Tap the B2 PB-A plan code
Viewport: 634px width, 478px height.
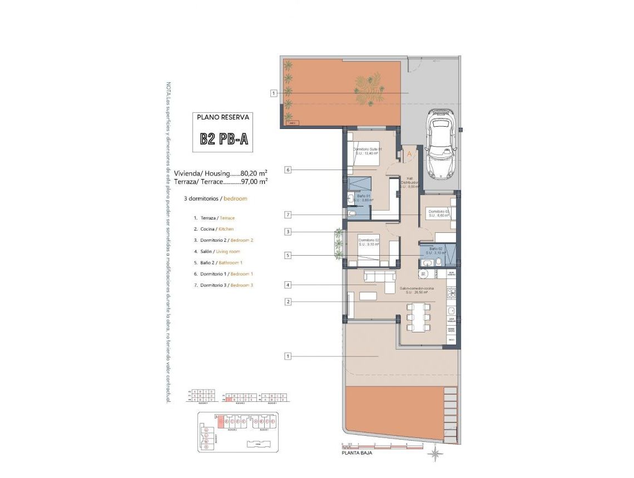pos(224,139)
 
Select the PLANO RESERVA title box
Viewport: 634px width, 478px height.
pos(224,117)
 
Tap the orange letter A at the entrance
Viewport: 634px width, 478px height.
pos(409,153)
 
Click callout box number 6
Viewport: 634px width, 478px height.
pos(288,170)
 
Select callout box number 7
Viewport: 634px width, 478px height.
pos(288,215)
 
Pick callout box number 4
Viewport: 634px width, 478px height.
pos(288,285)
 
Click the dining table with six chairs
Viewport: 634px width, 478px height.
pos(419,316)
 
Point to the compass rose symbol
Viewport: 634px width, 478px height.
pos(436,454)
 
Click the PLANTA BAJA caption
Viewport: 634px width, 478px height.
pos(357,453)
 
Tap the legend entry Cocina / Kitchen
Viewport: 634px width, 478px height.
pos(214,229)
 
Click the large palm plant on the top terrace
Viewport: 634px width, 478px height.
pos(369,91)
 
